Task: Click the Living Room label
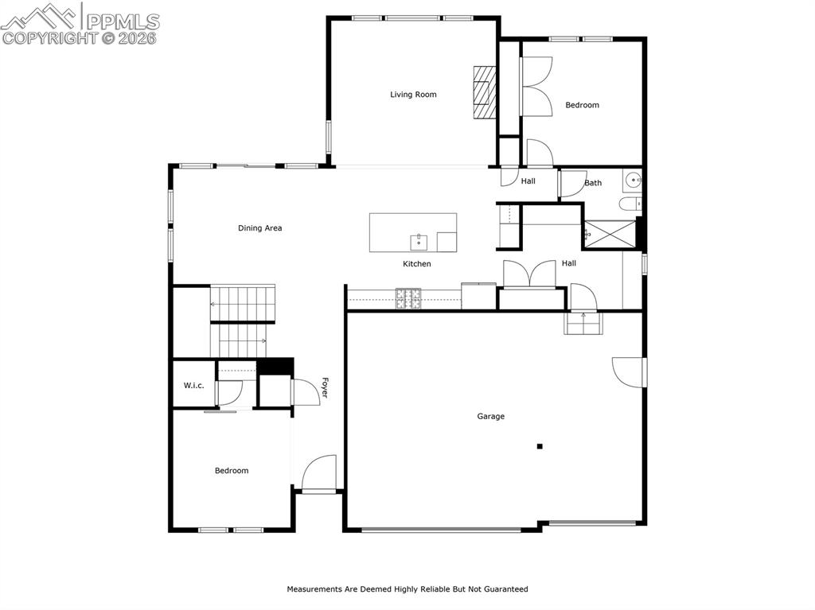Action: click(413, 95)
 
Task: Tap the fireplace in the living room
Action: click(483, 92)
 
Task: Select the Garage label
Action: click(490, 417)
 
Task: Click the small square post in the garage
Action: click(540, 447)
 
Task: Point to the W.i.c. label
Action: click(193, 386)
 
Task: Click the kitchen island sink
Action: click(419, 241)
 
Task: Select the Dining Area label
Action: click(259, 228)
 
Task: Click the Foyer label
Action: click(325, 388)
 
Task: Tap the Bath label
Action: click(593, 183)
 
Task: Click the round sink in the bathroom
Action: click(634, 180)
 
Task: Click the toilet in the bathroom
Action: click(630, 204)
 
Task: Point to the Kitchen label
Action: click(416, 264)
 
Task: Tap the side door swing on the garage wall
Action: click(628, 371)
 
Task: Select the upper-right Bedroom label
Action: click(582, 105)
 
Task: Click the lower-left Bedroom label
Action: click(232, 471)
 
